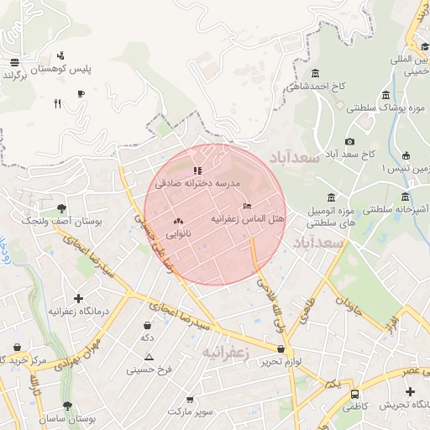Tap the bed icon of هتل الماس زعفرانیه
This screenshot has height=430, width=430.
(x=246, y=206)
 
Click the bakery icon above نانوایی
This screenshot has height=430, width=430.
(x=177, y=221)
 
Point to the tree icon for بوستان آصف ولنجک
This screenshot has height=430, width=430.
(x=61, y=207)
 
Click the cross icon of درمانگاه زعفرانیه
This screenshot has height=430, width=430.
(x=78, y=298)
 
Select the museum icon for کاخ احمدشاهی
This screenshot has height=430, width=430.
(x=315, y=73)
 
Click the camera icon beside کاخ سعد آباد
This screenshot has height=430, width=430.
(x=349, y=141)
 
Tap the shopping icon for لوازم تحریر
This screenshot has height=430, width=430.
(x=281, y=349)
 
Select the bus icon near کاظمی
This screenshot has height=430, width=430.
(x=355, y=393)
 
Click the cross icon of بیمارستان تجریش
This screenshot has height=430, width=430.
(x=409, y=392)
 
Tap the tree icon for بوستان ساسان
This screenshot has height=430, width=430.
(x=67, y=406)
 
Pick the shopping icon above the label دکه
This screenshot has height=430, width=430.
(x=148, y=325)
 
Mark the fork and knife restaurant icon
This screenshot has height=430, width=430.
(x=57, y=103)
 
